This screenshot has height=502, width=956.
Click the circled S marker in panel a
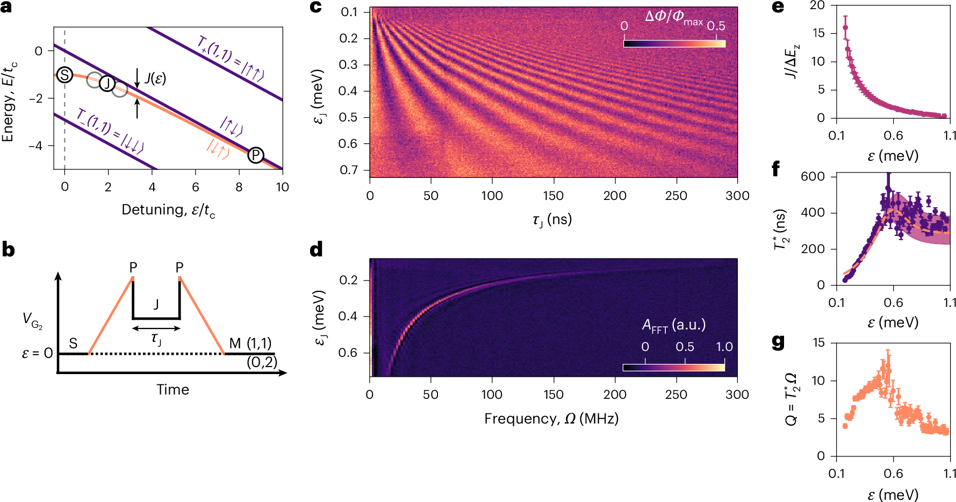[64, 75]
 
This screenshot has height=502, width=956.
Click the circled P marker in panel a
[256, 155]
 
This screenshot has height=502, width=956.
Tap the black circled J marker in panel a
[107, 83]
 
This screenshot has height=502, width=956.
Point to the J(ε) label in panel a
[155, 78]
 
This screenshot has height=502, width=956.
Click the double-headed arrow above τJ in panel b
[156, 328]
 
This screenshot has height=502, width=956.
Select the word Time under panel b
[172, 390]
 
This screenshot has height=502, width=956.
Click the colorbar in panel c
[674, 44]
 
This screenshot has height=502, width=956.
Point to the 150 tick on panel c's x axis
[553, 196]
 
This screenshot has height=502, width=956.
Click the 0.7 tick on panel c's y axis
[349, 170]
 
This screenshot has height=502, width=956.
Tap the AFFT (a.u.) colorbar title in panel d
[674, 325]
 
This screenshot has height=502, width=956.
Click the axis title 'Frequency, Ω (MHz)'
[551, 419]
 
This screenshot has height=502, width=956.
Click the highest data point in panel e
[845, 27]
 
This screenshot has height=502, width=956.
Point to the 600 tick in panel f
[812, 176]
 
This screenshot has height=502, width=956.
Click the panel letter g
[778, 342]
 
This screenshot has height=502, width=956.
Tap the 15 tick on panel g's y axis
[818, 342]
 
